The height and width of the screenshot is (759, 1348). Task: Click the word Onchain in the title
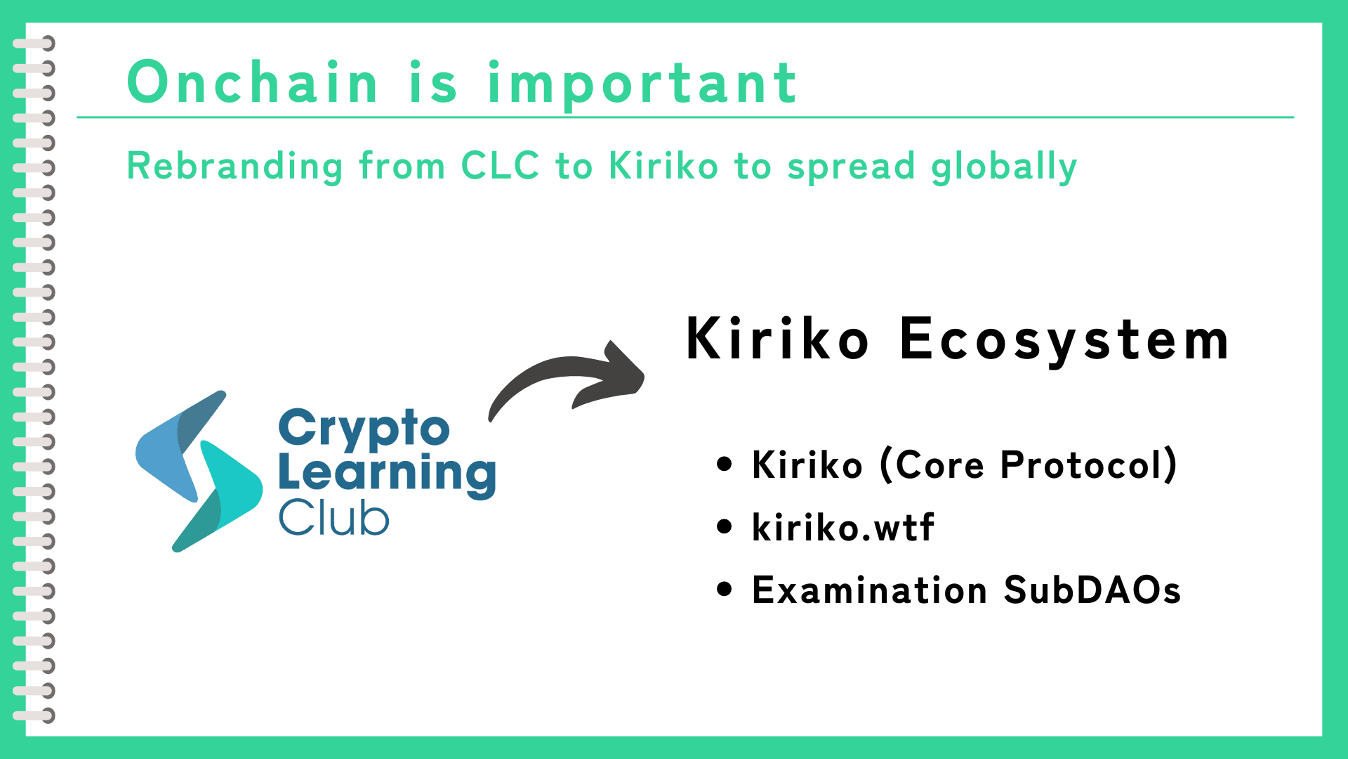pyautogui.click(x=253, y=82)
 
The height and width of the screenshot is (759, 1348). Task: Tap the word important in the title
pyautogui.click(x=642, y=84)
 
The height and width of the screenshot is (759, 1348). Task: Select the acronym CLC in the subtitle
pyautogui.click(x=500, y=166)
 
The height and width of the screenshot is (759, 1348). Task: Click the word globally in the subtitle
pyautogui.click(x=1004, y=167)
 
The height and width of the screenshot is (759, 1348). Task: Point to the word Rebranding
pyautogui.click(x=235, y=167)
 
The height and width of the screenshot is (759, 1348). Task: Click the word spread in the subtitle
pyautogui.click(x=852, y=167)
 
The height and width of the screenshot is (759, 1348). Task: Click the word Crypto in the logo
pyautogui.click(x=364, y=429)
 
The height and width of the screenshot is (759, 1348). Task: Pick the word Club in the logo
pyautogui.click(x=333, y=518)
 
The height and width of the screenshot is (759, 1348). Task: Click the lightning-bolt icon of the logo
pyautogui.click(x=199, y=471)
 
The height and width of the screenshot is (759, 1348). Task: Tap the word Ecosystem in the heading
pyautogui.click(x=1064, y=341)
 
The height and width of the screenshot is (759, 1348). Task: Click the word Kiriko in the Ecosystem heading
pyautogui.click(x=777, y=338)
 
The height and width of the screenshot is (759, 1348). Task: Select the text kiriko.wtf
pyautogui.click(x=842, y=527)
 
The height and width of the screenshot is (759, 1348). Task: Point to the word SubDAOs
pyautogui.click(x=1092, y=590)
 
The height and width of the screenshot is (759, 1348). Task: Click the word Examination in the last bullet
pyautogui.click(x=869, y=590)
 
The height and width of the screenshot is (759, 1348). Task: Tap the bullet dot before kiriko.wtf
pyautogui.click(x=725, y=527)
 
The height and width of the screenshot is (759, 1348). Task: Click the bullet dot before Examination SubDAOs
pyautogui.click(x=725, y=590)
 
